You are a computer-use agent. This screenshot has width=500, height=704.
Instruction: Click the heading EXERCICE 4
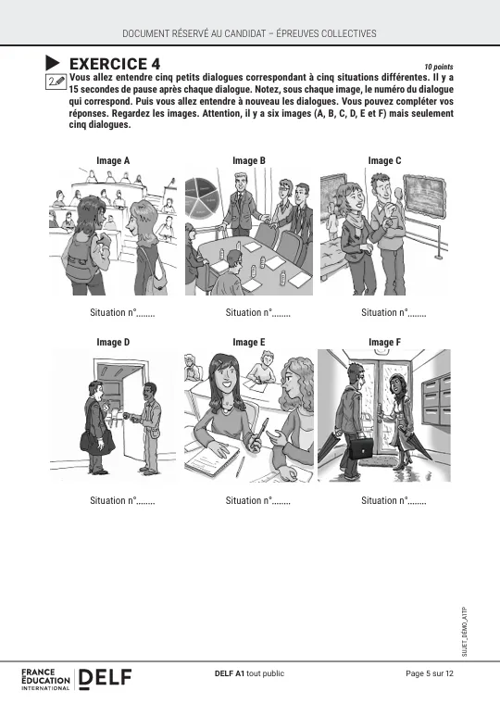115,64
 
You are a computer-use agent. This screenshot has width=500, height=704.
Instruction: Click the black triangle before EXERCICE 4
52,63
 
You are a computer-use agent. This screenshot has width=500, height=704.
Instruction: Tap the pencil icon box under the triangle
56,82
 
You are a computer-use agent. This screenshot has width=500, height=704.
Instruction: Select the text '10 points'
439,67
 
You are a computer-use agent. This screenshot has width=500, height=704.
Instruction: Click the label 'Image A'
113,160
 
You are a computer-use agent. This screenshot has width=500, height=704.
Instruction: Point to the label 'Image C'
384,160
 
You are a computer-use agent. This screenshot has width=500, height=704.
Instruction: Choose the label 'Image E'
249,342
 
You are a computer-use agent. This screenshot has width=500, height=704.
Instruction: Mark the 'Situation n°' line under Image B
258,312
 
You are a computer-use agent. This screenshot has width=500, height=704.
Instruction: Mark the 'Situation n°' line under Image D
122,500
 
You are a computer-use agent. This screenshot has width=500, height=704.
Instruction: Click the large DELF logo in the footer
105,678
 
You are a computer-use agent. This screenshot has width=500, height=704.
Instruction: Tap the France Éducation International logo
45,679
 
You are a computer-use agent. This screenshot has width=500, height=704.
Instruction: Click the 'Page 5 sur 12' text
430,673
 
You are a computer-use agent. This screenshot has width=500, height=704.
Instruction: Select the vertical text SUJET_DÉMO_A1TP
465,632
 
